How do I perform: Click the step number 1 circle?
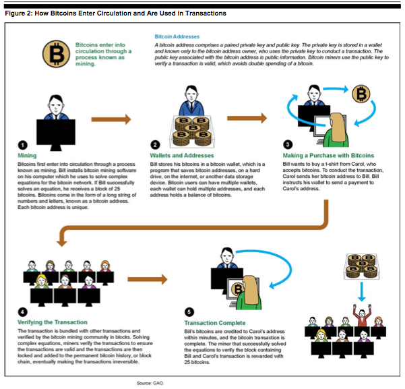(22, 145)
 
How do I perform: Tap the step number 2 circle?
(155, 145)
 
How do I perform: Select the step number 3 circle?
(288, 144)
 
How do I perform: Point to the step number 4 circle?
(22, 312)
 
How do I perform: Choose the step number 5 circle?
(189, 312)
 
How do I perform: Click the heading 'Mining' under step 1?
(27, 155)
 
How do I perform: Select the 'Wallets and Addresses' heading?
(182, 155)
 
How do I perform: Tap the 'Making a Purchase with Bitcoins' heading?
(328, 155)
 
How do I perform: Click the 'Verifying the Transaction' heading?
(53, 322)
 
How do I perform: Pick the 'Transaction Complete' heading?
(215, 323)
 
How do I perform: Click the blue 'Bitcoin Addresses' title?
(177, 36)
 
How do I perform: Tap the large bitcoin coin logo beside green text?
(56, 54)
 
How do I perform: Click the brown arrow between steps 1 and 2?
(111, 119)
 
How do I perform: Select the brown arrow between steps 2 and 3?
(247, 118)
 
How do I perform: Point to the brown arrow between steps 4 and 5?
(148, 279)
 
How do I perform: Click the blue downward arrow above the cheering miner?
(362, 291)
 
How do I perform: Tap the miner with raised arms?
(362, 316)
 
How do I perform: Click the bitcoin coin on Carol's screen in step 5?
(238, 289)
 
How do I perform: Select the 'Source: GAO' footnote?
(150, 383)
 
